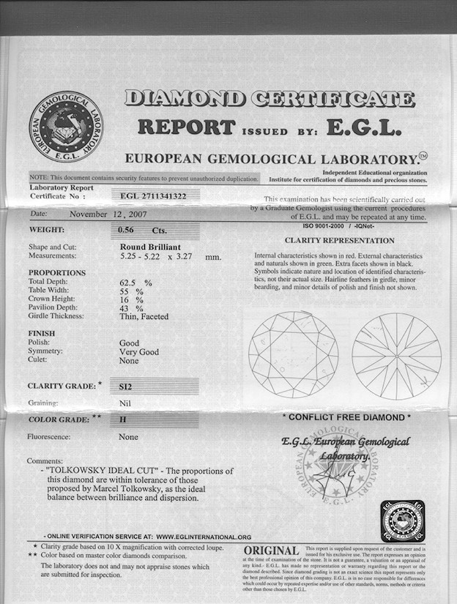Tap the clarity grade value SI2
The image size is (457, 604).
pyautogui.click(x=129, y=384)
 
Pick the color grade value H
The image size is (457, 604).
pyautogui.click(x=123, y=420)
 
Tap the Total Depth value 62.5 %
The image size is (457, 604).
pyautogui.click(x=135, y=282)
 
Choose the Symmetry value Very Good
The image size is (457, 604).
pyautogui.click(x=138, y=351)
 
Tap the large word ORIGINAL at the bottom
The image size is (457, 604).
pyautogui.click(x=270, y=550)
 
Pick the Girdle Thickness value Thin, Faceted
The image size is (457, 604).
pyautogui.click(x=144, y=316)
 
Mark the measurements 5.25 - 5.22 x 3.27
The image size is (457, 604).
pyautogui.click(x=169, y=256)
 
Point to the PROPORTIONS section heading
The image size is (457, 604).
pyautogui.click(x=57, y=272)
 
